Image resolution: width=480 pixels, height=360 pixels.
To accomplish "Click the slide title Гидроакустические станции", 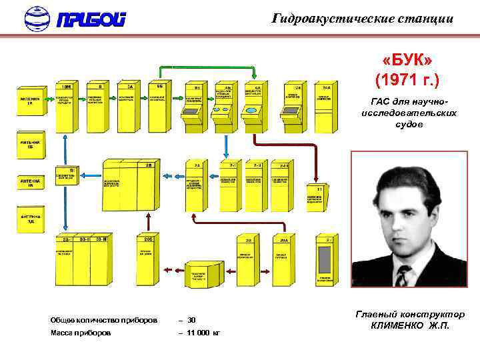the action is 363,19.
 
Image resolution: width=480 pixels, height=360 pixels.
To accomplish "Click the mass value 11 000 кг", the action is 203,332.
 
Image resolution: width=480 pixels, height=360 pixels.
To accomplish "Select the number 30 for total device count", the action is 191,320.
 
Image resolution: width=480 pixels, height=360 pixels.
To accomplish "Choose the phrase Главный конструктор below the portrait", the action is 410,314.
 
